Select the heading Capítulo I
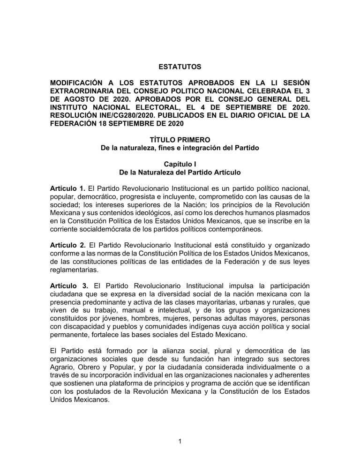click(x=180, y=165)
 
